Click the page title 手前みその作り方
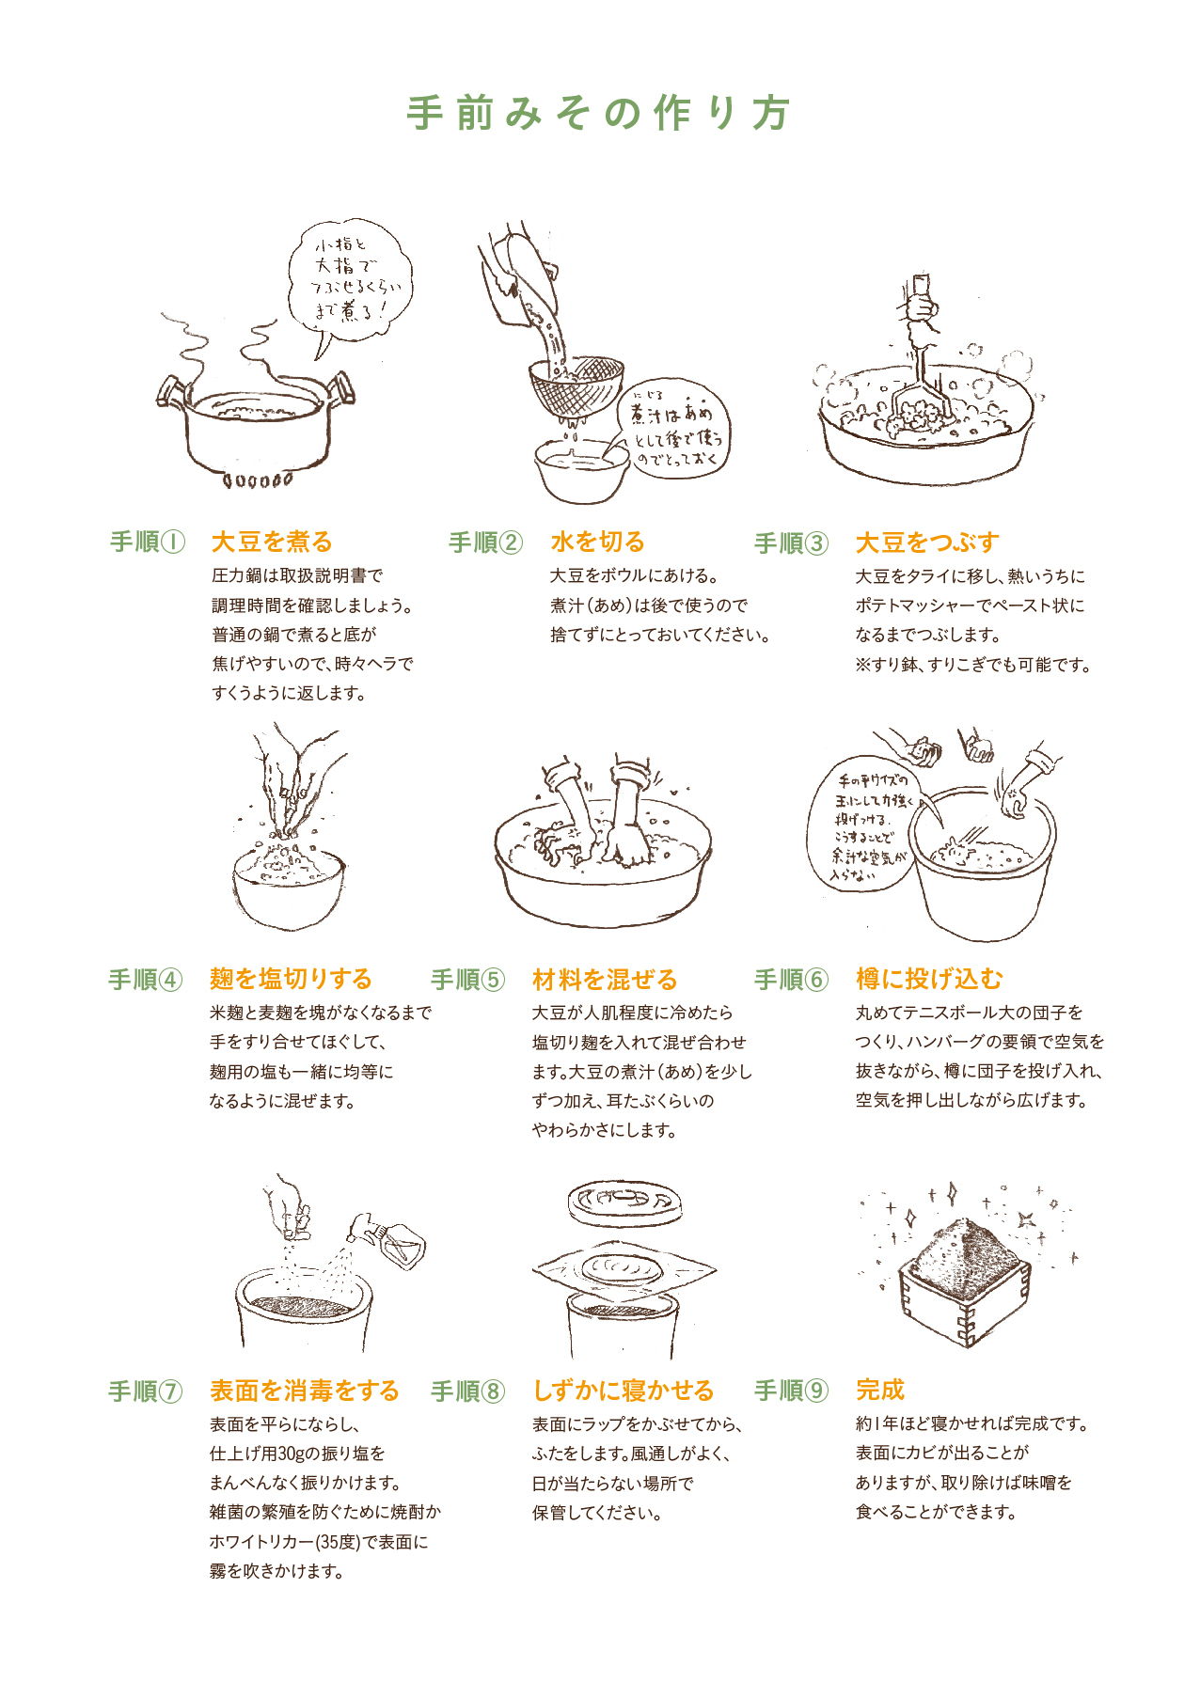pos(598,113)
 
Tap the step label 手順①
pos(148,542)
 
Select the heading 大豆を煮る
pos(272,542)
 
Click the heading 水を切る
pos(598,542)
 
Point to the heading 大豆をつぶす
pos(927,542)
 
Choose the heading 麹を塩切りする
pos(291,979)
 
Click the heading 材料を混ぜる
pos(605,980)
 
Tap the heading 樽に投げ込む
pos(929,979)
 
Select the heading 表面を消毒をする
pos(304,1391)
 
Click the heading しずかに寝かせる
pos(624,1391)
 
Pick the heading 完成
pos(880,1390)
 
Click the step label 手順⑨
pos(792,1391)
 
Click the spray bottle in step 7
pos(387,1237)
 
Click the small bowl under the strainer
pos(581,468)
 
